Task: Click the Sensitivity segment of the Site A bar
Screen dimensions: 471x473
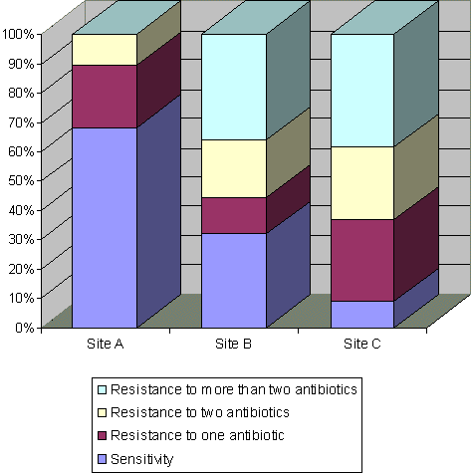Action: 105,228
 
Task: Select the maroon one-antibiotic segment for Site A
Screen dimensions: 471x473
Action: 105,97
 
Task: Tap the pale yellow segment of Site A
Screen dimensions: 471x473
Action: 105,50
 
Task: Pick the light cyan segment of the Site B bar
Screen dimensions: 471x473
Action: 234,87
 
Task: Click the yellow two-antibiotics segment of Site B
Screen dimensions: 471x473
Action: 234,168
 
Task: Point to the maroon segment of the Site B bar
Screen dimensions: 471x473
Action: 234,215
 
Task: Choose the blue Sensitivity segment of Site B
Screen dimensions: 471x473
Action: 234,281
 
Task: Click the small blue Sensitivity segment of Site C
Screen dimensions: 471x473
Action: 362,315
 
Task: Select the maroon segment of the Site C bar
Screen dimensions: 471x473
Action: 362,260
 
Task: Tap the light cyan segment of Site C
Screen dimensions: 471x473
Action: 362,91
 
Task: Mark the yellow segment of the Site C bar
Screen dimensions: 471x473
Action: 362,183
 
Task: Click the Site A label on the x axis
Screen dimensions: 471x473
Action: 105,344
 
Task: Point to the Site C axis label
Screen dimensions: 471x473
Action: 361,344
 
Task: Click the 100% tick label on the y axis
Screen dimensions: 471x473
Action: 18,34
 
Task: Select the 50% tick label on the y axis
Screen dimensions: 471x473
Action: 21,180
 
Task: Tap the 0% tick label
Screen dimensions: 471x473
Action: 25,328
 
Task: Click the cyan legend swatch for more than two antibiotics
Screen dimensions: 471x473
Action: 103,389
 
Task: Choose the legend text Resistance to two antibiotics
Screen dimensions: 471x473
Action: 200,412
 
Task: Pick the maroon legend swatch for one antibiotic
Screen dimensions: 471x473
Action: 103,436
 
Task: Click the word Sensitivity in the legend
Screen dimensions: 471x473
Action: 142,459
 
